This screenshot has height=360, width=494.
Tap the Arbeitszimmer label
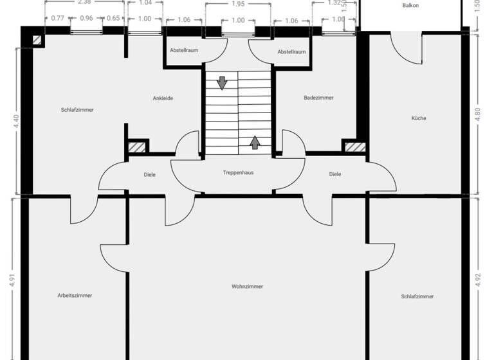click(x=75, y=296)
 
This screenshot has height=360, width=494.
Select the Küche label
click(x=419, y=118)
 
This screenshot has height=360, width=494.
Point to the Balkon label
click(x=410, y=5)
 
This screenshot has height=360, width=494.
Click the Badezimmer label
click(x=318, y=98)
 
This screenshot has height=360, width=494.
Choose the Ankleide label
click(x=163, y=98)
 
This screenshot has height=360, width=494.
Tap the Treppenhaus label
click(x=238, y=173)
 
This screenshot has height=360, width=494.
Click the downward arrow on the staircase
click(x=222, y=83)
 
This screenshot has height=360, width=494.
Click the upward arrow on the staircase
click(x=255, y=142)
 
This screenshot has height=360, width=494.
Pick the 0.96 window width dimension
click(x=86, y=19)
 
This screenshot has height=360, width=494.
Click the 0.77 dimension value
click(x=57, y=19)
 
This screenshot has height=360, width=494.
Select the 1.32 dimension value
click(x=333, y=3)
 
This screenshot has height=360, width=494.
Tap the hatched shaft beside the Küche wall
click(x=354, y=147)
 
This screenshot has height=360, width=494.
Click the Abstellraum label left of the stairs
click(x=183, y=51)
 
